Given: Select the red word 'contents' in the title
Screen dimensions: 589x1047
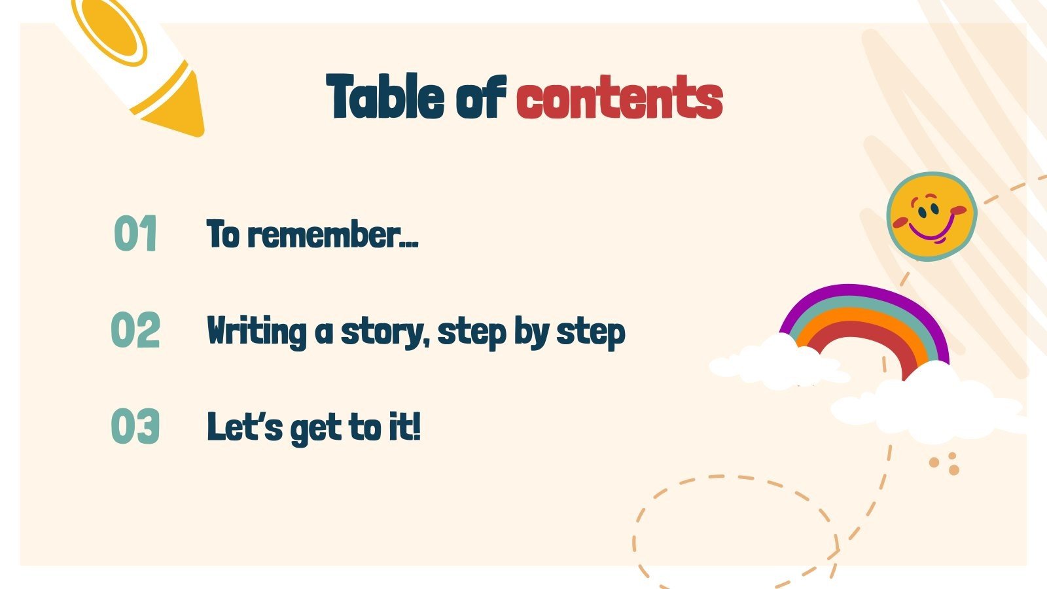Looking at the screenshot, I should pyautogui.click(x=619, y=98).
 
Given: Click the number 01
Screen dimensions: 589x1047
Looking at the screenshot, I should pyautogui.click(x=135, y=234).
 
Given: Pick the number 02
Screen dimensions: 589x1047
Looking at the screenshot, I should pyautogui.click(x=135, y=330).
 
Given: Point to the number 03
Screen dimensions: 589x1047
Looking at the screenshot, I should pyautogui.click(x=135, y=427).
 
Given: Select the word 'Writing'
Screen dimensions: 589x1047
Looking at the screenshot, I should pyautogui.click(x=256, y=331).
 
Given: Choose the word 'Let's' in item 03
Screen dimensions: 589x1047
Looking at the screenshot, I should pyautogui.click(x=245, y=427).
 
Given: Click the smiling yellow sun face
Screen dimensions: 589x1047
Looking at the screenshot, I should pyautogui.click(x=932, y=216).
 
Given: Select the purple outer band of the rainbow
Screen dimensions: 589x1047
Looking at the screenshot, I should pyautogui.click(x=851, y=292).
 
